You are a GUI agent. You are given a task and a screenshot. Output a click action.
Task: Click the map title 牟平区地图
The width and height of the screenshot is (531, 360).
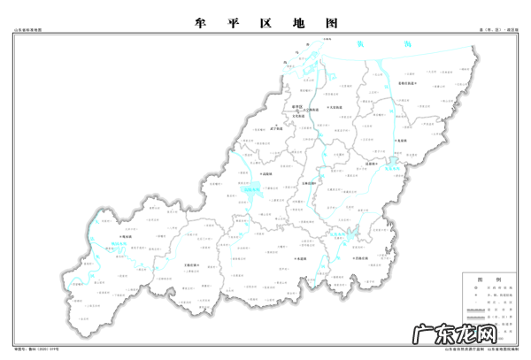pos(265,23)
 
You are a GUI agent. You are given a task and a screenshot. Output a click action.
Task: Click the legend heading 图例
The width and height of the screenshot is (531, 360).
pos(495,277)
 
